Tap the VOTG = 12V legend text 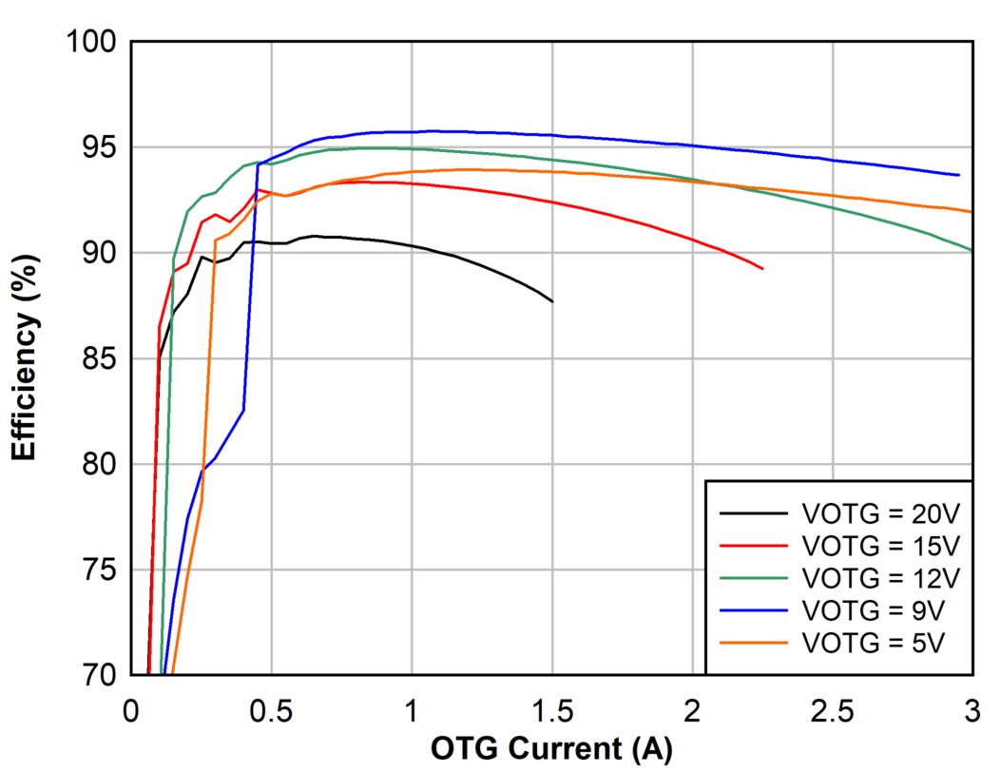pos(880,577)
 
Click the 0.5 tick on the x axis pos(272,709)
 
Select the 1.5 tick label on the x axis pos(552,709)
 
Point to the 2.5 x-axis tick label pos(833,709)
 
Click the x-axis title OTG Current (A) pos(551,749)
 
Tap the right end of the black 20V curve pos(552,301)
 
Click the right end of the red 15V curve pos(762,269)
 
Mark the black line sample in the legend pos(754,514)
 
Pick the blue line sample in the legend pos(754,608)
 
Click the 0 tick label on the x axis pos(132,709)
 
